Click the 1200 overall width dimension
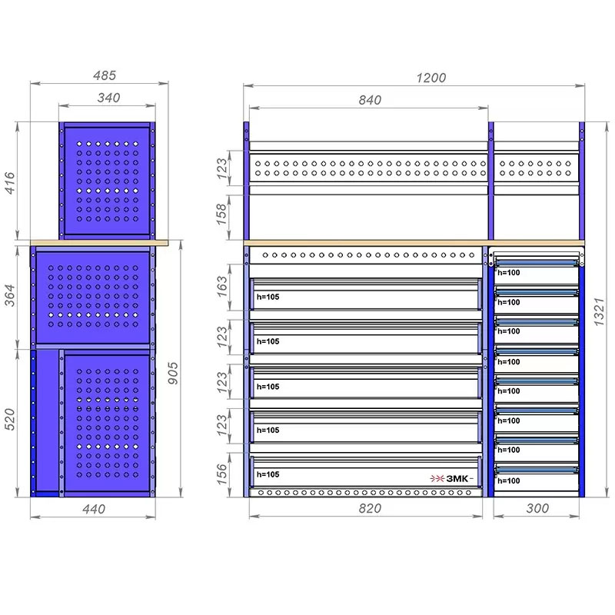[430, 78]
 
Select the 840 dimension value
[370, 100]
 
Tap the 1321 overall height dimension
[599, 312]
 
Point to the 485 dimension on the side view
[105, 75]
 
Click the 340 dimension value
[108, 98]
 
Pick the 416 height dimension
[9, 182]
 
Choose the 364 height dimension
[9, 295]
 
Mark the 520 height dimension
[9, 419]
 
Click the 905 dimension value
[172, 373]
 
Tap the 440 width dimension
[94, 509]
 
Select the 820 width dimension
[370, 508]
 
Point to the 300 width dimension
[537, 508]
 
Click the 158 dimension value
[222, 214]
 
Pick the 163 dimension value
[222, 287]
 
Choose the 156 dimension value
[222, 474]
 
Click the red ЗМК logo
[451, 478]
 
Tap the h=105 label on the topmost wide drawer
[268, 297]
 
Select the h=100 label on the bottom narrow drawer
[509, 481]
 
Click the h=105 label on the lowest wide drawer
[268, 474]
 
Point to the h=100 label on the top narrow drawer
[509, 273]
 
